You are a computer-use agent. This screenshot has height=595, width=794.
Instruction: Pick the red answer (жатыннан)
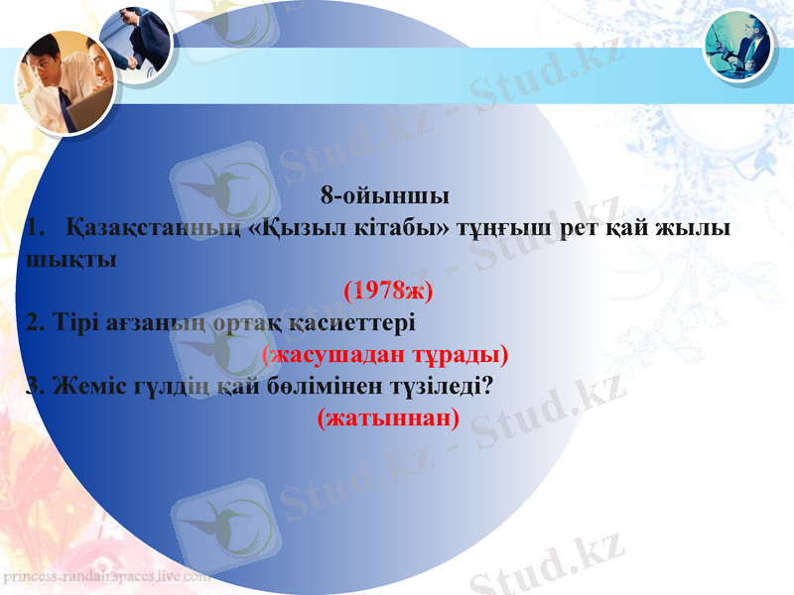pos(388,417)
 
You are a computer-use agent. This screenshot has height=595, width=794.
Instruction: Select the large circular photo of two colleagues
pos(65,83)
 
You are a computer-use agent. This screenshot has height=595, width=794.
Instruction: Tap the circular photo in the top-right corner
pos(738,46)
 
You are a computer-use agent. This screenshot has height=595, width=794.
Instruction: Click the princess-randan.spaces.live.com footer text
pos(105,576)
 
